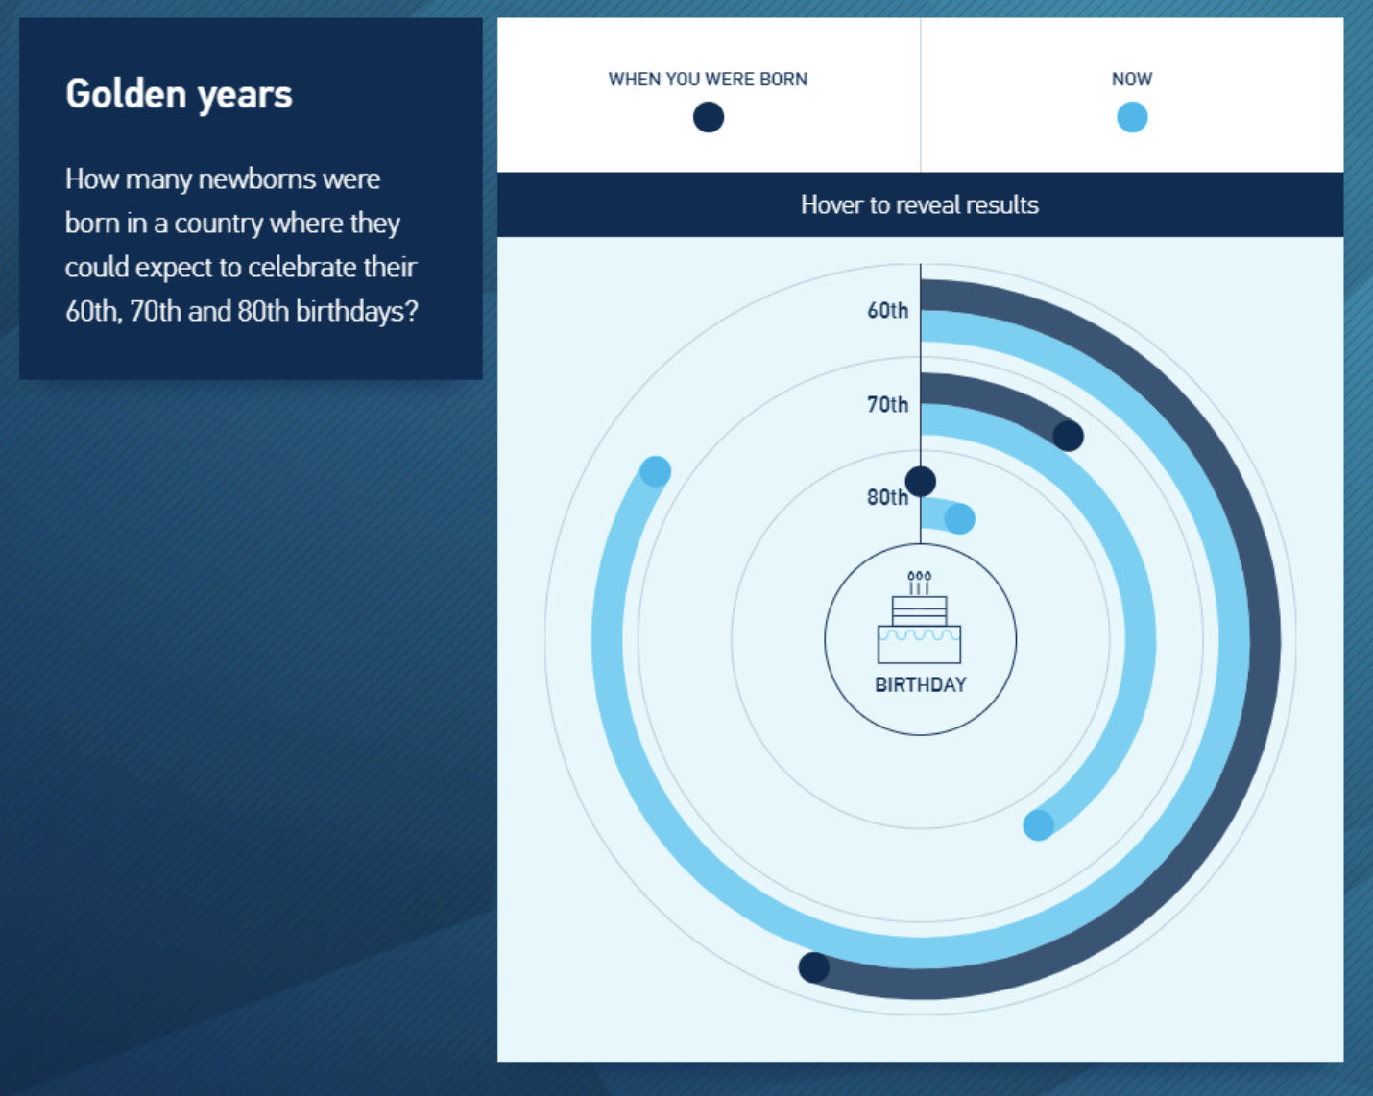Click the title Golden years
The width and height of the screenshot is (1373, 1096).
[179, 94]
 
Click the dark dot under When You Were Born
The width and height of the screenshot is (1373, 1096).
[709, 118]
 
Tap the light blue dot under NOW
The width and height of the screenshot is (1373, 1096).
[1132, 118]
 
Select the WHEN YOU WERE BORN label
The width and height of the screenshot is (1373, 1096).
[708, 80]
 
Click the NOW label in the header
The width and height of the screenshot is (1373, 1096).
[1132, 80]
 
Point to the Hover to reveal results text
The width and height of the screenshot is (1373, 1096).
[920, 204]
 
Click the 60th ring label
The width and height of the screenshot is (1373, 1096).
[887, 310]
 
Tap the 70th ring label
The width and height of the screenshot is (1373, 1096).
[887, 404]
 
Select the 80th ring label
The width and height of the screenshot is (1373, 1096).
[886, 497]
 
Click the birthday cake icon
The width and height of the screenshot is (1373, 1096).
[919, 629]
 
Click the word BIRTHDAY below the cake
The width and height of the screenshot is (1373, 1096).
[920, 684]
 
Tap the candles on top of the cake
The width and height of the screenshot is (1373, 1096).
[919, 582]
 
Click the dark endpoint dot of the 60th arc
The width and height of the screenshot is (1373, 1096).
[814, 967]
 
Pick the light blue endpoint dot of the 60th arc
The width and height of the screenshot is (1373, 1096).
[656, 471]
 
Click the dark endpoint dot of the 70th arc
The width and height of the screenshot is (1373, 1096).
[1068, 436]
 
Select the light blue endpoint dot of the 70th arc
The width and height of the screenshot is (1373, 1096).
[1038, 825]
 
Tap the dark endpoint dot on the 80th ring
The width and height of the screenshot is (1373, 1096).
[921, 481]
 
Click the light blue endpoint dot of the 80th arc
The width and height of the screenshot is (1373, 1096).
[959, 519]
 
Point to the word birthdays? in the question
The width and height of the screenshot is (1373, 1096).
[356, 312]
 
